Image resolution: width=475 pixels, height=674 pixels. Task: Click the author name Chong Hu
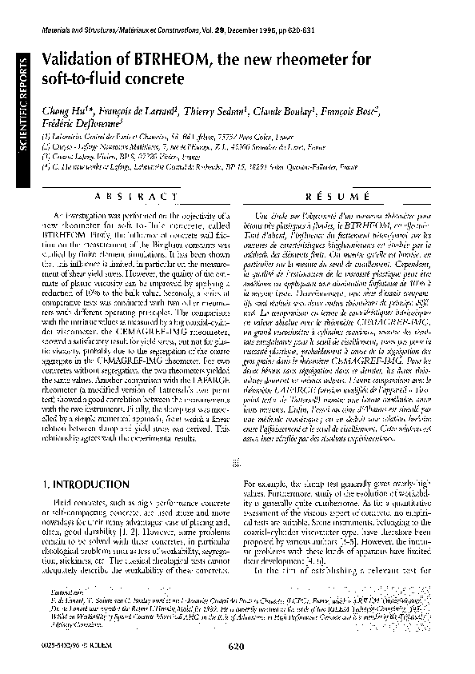click(61, 111)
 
